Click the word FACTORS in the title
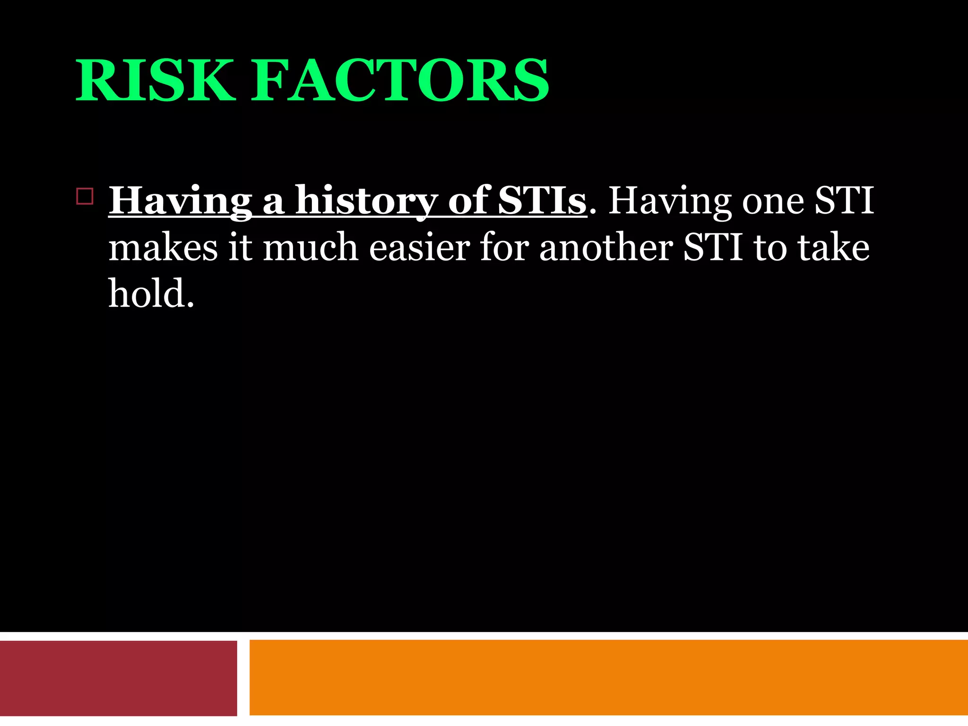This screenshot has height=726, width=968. [x=399, y=80]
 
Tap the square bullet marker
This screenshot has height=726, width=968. [x=85, y=196]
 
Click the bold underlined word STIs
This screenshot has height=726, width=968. [x=542, y=201]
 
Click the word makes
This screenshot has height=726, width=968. [x=163, y=248]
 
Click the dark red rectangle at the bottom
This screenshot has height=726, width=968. [x=118, y=678]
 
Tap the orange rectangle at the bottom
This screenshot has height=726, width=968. [x=608, y=678]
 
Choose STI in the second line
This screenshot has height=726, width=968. [x=713, y=248]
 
